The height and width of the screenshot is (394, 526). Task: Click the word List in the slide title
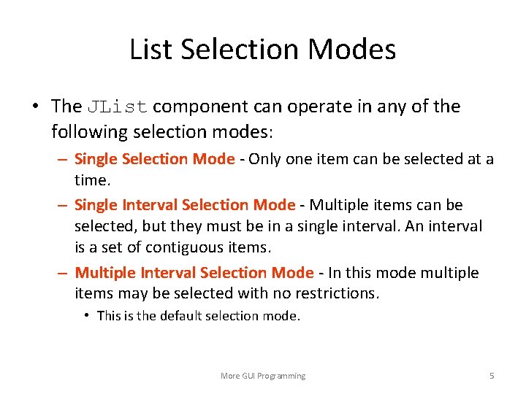(x=150, y=50)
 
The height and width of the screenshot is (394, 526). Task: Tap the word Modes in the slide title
(x=352, y=50)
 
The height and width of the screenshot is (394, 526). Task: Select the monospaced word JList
(x=118, y=107)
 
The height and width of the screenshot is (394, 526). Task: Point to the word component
(x=200, y=107)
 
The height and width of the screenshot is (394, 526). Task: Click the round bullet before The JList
(x=35, y=107)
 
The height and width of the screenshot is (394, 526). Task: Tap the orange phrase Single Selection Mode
(x=155, y=159)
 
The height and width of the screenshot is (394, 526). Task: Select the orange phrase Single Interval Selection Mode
(x=185, y=206)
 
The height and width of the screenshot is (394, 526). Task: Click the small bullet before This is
(x=87, y=316)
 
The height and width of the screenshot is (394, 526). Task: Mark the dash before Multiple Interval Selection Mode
(x=64, y=273)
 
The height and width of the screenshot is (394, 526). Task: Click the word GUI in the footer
(x=252, y=376)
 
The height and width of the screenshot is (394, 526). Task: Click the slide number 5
(x=492, y=376)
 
